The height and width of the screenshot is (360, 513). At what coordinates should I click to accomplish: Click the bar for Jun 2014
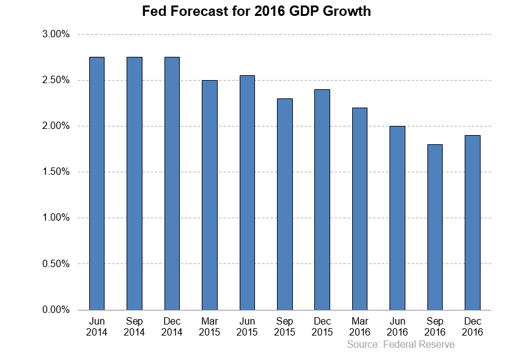click(97, 183)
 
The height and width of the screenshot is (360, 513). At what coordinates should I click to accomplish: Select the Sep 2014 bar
click(135, 183)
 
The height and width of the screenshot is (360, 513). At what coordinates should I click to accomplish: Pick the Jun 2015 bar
click(247, 193)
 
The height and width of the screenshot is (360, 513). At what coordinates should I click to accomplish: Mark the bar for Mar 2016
click(360, 208)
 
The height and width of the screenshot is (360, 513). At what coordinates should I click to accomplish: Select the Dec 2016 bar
click(472, 222)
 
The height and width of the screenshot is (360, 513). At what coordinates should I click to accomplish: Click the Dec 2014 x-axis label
click(172, 326)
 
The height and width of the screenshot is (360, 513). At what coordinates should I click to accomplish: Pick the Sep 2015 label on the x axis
click(284, 326)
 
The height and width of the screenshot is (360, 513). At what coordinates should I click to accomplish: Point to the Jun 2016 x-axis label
click(397, 326)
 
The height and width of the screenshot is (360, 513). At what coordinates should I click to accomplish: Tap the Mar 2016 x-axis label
click(360, 326)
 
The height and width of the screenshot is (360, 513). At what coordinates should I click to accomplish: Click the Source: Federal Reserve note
click(400, 345)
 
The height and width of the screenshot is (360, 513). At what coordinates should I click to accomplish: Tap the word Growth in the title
click(347, 11)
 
